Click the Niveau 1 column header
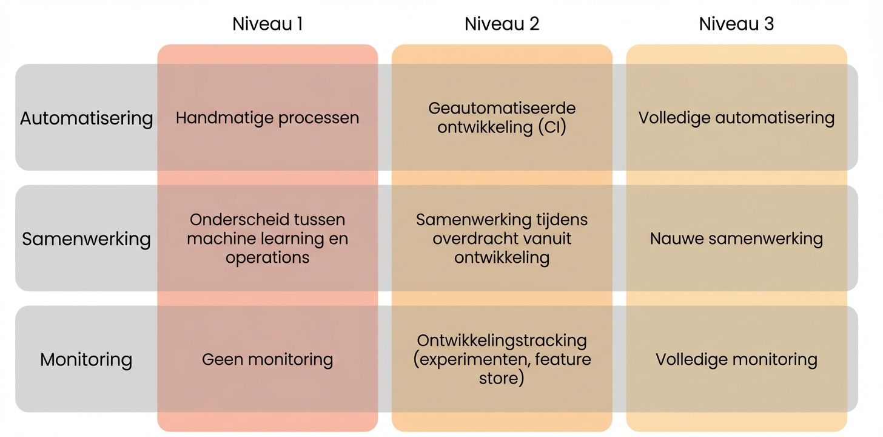(267, 24)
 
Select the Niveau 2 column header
(502, 24)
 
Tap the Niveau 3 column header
(736, 24)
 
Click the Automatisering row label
(86, 118)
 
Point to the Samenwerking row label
(86, 239)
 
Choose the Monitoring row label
(86, 359)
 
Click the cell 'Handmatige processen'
(267, 118)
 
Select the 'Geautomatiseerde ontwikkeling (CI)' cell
(502, 118)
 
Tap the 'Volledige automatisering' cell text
(736, 118)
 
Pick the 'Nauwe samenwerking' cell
(736, 239)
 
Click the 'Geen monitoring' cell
(267, 359)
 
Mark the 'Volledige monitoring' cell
(736, 359)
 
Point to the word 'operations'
(267, 257)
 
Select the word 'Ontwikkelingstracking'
(502, 340)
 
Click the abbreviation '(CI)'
(551, 127)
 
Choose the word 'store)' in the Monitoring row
(502, 379)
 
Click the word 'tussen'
(315, 220)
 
